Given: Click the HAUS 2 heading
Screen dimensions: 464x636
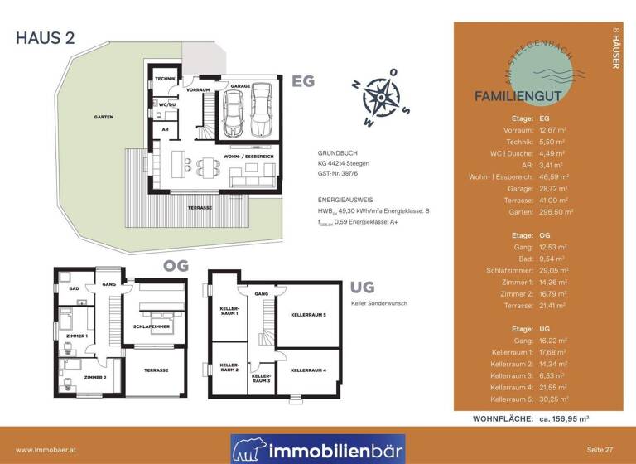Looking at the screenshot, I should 47,36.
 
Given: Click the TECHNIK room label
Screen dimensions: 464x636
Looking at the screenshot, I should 166,79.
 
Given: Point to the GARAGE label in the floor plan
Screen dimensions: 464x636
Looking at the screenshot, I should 240,85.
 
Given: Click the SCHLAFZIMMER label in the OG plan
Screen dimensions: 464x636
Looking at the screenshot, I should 151,327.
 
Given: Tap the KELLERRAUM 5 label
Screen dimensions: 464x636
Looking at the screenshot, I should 307,315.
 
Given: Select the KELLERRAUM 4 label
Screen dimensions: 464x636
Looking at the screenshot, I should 307,370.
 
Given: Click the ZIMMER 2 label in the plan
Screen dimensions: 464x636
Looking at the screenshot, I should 95,377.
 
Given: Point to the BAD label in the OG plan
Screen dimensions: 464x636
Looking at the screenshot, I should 73,289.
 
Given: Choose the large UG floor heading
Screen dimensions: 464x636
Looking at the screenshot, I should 363,288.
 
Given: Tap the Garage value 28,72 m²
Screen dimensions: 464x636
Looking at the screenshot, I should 553,188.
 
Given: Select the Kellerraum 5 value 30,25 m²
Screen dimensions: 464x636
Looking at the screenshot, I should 553,399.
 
